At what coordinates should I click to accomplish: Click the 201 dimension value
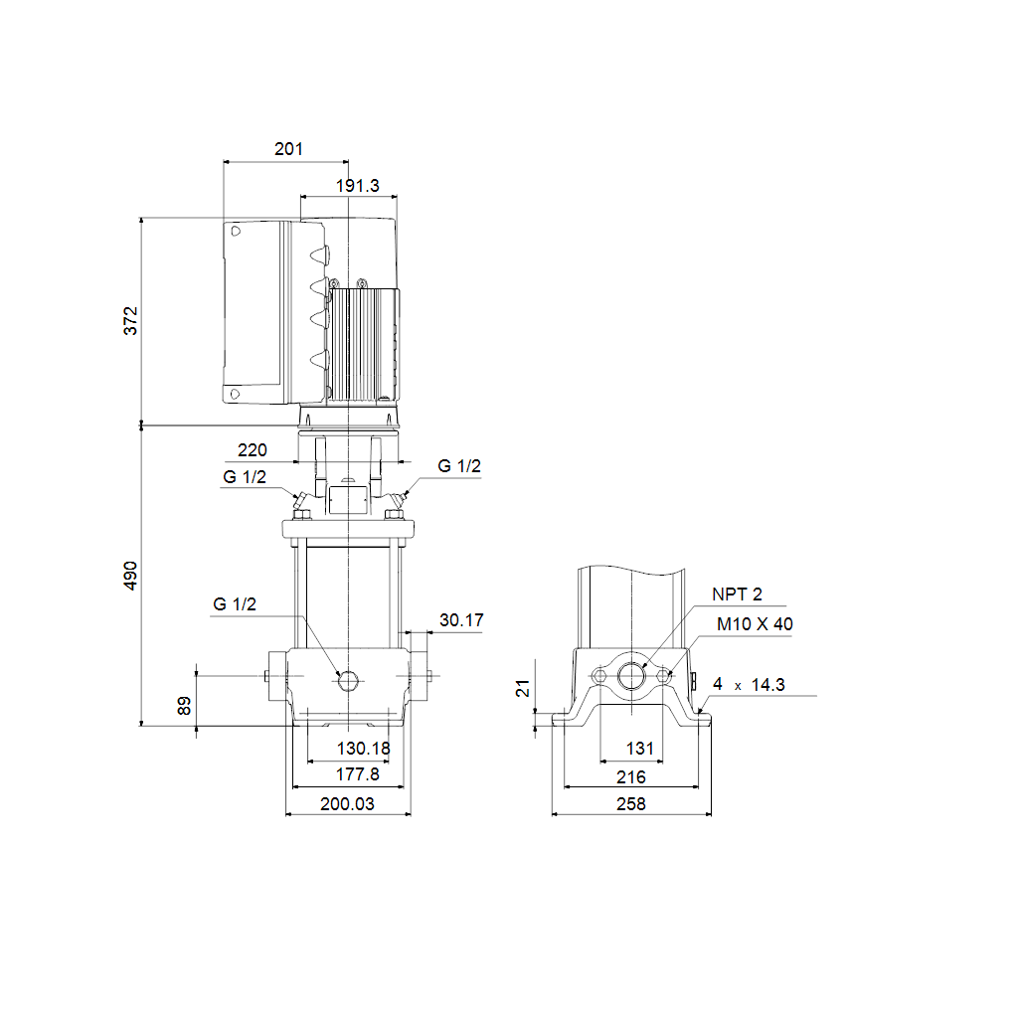coord(288,149)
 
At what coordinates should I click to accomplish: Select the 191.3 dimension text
coord(357,186)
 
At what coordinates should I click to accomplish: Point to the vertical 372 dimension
coord(130,321)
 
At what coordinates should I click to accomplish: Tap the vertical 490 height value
coord(130,576)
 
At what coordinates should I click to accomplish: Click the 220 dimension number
coord(252,450)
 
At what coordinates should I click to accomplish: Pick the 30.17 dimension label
coord(461,620)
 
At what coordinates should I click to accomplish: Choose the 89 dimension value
coord(184,706)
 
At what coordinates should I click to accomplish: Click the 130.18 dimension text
coord(363,749)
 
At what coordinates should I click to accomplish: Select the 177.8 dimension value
coord(357,774)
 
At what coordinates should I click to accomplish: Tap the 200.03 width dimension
coord(347,803)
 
